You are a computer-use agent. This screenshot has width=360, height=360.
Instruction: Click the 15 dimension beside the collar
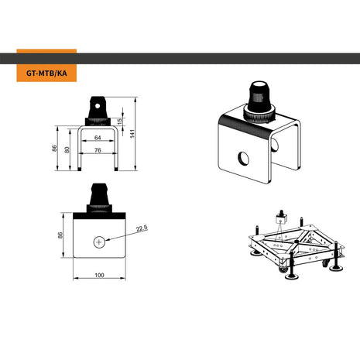[120, 122]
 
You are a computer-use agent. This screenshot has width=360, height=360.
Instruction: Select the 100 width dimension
[99, 275]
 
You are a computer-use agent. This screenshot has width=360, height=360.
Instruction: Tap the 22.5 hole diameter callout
[141, 228]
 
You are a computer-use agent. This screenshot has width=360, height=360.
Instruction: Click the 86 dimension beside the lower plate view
[61, 235]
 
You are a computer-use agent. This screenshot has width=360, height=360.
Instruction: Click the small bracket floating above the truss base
[280, 218]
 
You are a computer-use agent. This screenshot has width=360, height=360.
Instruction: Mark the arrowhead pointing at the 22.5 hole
[108, 239]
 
